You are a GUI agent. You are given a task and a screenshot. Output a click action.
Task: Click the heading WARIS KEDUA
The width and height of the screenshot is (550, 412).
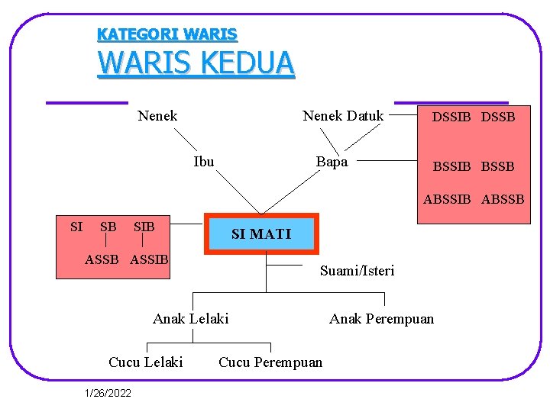point(196,63)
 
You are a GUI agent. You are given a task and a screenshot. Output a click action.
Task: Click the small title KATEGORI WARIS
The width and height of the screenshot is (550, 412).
point(167,34)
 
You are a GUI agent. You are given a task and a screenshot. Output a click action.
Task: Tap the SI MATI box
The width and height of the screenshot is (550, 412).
point(260,233)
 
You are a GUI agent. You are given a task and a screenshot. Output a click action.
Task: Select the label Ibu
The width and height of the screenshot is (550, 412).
point(204,162)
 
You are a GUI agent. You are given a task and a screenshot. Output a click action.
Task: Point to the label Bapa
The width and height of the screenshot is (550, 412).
point(332,162)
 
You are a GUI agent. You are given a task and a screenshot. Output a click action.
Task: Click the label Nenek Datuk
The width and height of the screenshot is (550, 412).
point(343,116)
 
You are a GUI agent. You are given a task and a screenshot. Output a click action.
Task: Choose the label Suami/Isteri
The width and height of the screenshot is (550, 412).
point(357,271)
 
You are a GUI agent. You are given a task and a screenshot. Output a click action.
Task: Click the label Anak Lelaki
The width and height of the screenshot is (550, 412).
point(190,318)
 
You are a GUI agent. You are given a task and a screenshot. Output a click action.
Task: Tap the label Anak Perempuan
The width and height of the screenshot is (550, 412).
point(381,318)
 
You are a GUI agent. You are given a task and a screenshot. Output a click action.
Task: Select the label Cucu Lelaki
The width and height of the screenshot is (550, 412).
point(146,362)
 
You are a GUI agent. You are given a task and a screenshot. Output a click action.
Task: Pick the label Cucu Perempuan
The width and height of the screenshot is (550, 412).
point(270,362)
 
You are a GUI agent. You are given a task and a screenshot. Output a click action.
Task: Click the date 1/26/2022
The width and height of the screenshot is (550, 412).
point(108,393)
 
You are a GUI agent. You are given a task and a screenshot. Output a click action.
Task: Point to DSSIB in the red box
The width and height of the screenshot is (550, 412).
point(451,117)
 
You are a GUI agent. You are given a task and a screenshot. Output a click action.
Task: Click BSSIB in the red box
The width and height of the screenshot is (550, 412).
point(452,166)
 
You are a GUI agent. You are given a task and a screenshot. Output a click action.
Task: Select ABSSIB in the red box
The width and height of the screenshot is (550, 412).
point(448,199)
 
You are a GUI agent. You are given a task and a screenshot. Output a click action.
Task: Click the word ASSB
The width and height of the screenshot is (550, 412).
point(102,259)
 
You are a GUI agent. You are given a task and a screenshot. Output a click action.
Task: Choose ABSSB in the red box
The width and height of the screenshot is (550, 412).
point(503,199)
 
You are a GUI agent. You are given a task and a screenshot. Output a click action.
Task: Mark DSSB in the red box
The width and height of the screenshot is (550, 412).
point(498,117)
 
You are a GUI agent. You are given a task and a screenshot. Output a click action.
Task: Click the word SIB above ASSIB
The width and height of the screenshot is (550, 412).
point(144,227)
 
